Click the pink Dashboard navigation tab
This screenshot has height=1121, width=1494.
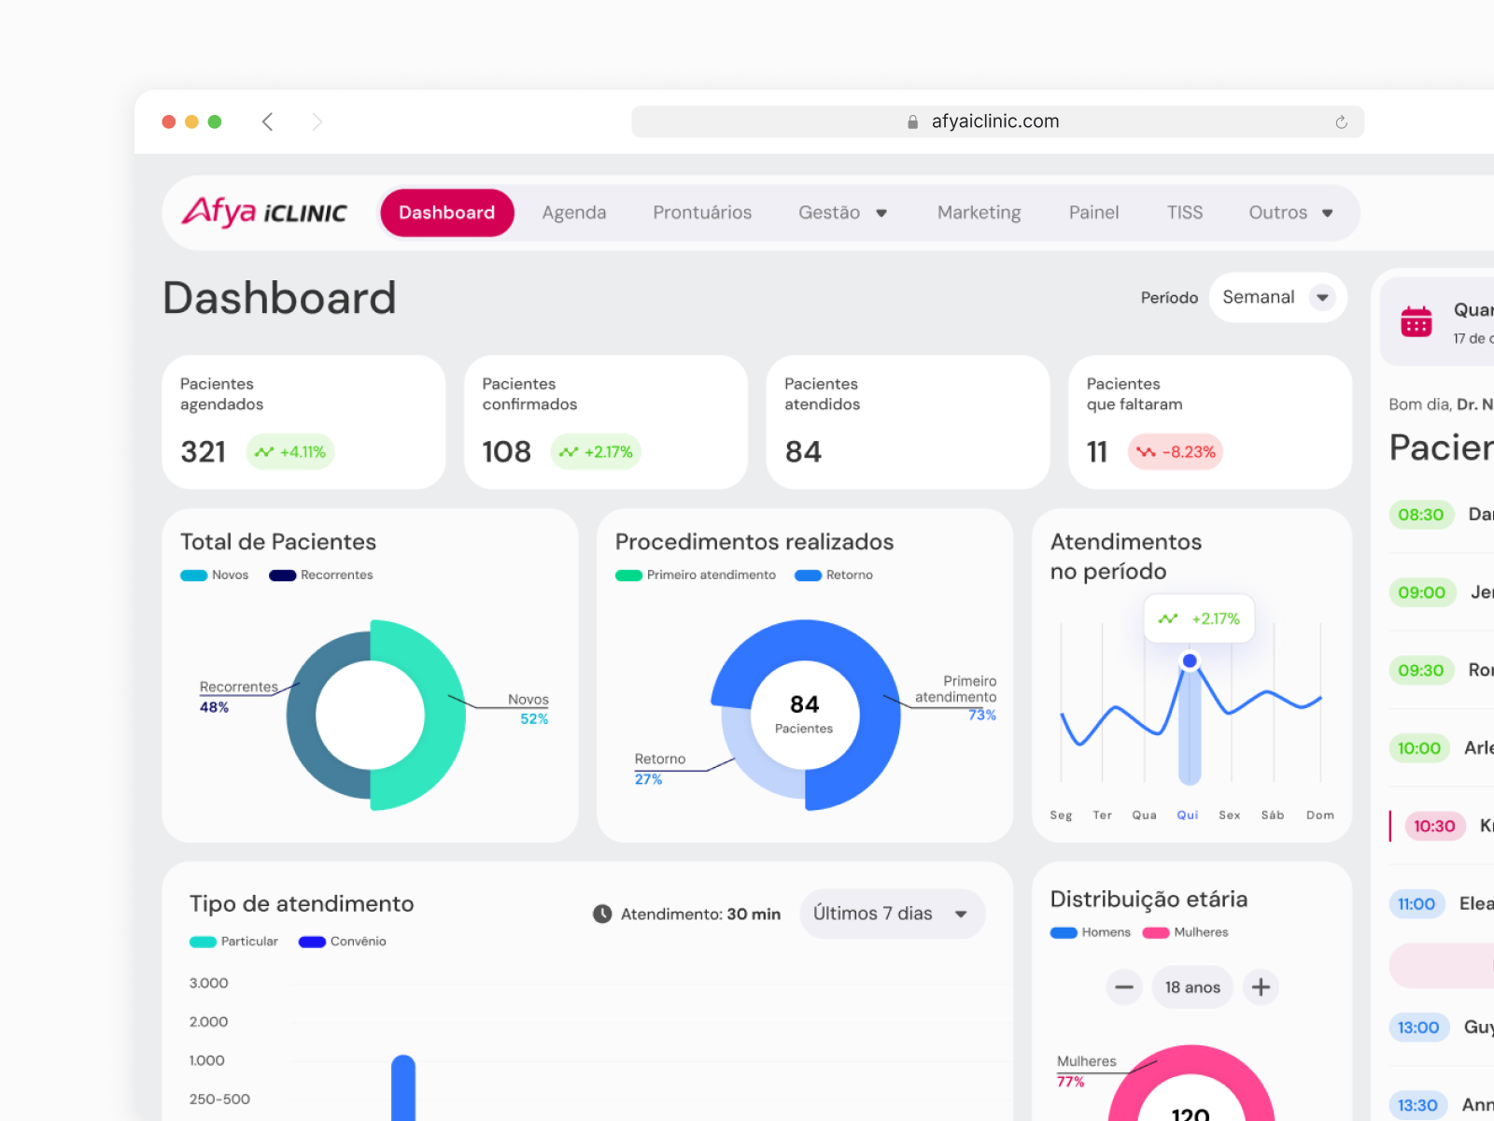446,213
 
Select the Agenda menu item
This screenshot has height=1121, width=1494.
573,213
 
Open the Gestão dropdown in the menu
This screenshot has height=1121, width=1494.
842,213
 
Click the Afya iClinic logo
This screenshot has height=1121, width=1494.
264,212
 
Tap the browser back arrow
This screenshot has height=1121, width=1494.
268,121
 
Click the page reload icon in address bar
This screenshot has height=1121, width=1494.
1341,122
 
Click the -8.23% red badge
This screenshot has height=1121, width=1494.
1176,452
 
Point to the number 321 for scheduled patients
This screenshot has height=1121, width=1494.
204,452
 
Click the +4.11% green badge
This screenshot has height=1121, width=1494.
290,452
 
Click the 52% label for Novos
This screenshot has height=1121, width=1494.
534,719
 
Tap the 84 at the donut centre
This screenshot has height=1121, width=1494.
804,704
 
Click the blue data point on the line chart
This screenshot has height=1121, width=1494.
1190,661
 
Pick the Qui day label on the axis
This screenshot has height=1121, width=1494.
1187,816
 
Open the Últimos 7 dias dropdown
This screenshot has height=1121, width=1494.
891,914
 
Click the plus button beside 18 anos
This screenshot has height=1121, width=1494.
1261,987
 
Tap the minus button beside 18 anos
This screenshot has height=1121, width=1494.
1124,987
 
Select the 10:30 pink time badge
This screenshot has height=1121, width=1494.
1433,826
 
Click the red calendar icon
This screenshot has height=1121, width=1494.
1416,321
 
